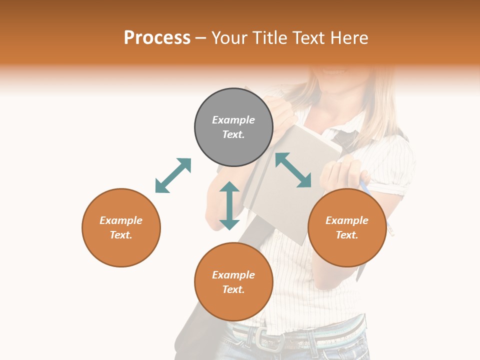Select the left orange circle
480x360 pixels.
pos(121,227)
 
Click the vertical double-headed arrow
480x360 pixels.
pos(229,205)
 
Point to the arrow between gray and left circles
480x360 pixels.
pos(173,175)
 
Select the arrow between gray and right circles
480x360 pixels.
pos(293,170)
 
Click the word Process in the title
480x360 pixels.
pos(157,37)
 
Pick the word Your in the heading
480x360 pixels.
pos(229,37)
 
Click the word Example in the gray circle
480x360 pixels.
pos(233,120)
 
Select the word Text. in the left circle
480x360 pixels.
pos(121,235)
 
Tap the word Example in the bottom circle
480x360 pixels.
pos(233,274)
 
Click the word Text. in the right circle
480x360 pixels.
pos(347,235)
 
